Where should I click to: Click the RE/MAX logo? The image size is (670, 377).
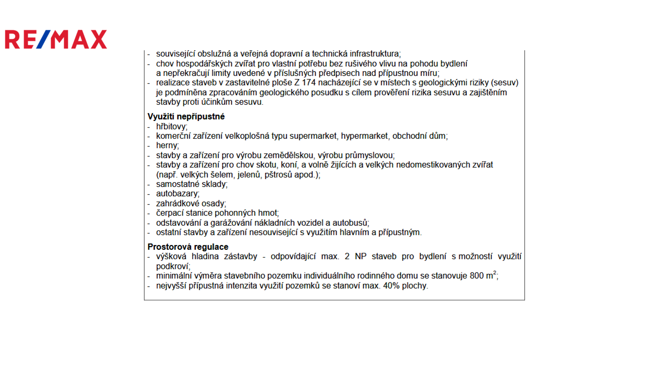click(x=56, y=39)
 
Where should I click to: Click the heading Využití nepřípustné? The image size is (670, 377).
click(x=186, y=117)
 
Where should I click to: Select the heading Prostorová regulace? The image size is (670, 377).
click(x=188, y=247)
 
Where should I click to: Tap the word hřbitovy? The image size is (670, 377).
click(x=171, y=127)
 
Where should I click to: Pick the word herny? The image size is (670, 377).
click(x=166, y=146)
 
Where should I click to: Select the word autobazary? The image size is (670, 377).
click(x=177, y=194)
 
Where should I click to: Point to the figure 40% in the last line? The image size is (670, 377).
click(x=392, y=286)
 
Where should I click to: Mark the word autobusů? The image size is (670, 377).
click(x=351, y=223)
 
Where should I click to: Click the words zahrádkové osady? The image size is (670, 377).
click(x=190, y=204)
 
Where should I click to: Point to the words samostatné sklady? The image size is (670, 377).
click(x=191, y=184)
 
